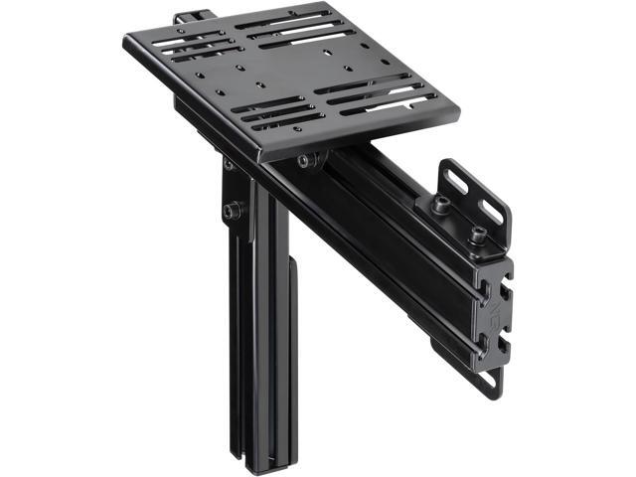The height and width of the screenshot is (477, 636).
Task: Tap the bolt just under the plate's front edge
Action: tap(304, 160)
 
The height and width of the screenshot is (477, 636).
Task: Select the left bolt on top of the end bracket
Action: tap(440, 204)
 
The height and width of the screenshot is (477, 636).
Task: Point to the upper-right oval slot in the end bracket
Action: tap(491, 210)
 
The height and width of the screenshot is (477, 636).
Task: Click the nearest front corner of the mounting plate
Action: tap(259, 157)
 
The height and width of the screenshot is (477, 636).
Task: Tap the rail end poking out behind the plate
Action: tap(188, 18)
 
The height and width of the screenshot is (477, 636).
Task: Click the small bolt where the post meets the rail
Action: tap(228, 163)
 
